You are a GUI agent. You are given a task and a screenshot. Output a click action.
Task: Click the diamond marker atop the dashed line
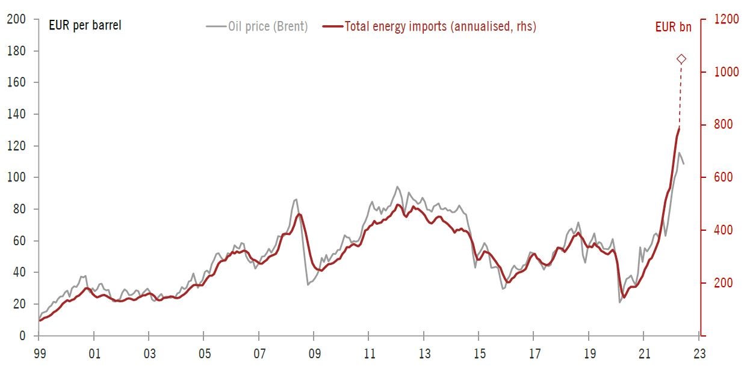click(x=681, y=59)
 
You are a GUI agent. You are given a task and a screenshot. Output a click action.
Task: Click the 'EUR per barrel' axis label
click(x=85, y=26)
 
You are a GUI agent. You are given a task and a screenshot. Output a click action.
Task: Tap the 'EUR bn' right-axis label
click(x=673, y=26)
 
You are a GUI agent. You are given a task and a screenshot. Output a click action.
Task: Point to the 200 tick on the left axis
click(x=16, y=19)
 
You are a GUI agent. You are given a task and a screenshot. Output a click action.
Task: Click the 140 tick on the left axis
click(x=16, y=114)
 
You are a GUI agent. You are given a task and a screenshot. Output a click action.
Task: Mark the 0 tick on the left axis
click(x=21, y=336)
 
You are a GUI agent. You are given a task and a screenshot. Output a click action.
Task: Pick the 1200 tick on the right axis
click(x=727, y=19)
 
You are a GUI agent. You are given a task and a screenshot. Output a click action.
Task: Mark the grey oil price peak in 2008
click(x=296, y=199)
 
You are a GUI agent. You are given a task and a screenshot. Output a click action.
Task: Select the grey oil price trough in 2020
click(x=619, y=302)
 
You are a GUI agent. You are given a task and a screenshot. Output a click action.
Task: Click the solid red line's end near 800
click(x=680, y=127)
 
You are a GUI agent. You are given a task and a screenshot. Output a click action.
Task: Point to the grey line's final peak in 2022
click(x=679, y=153)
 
